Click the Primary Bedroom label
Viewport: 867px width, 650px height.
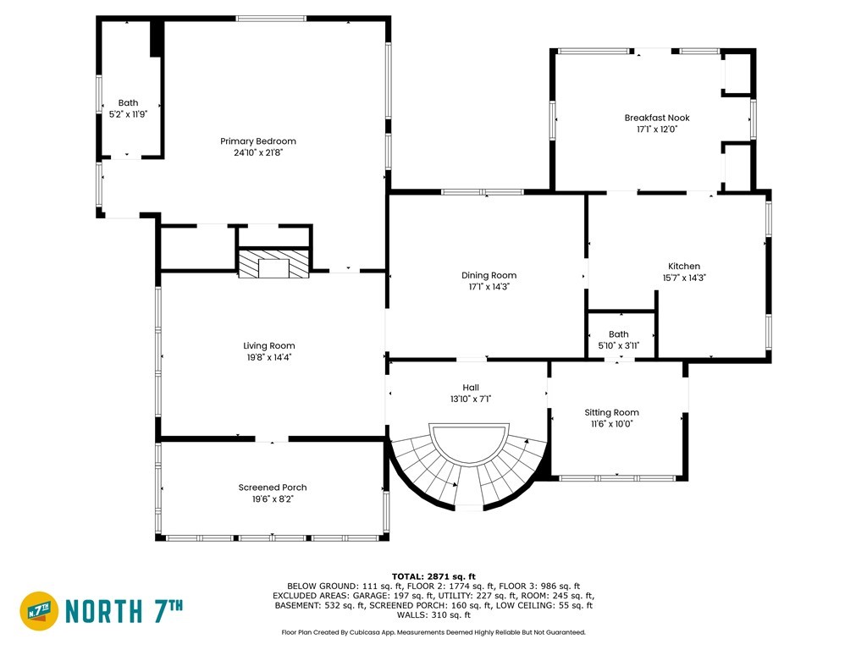coord(258,141)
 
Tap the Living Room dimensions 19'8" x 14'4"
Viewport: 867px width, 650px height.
coord(269,357)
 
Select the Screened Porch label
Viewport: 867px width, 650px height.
coord(273,487)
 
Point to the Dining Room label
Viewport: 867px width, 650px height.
coord(489,275)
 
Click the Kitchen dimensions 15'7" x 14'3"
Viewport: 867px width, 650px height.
coord(684,278)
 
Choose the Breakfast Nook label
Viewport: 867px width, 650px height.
coord(657,117)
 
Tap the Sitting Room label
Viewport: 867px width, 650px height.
coord(611,412)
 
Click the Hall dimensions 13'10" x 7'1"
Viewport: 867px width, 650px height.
coord(471,399)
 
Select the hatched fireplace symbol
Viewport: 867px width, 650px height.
coord(273,264)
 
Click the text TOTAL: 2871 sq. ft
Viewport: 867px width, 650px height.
coord(433,576)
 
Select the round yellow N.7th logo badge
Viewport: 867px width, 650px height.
coord(39,611)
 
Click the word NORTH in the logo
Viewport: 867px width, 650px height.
coord(104,611)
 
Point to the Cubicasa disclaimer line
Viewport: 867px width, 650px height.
coord(433,631)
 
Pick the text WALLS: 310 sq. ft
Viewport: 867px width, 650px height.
coord(433,614)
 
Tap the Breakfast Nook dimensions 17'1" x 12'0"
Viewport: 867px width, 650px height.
coord(657,129)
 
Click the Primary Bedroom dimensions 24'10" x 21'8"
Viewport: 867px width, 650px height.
coord(258,152)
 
